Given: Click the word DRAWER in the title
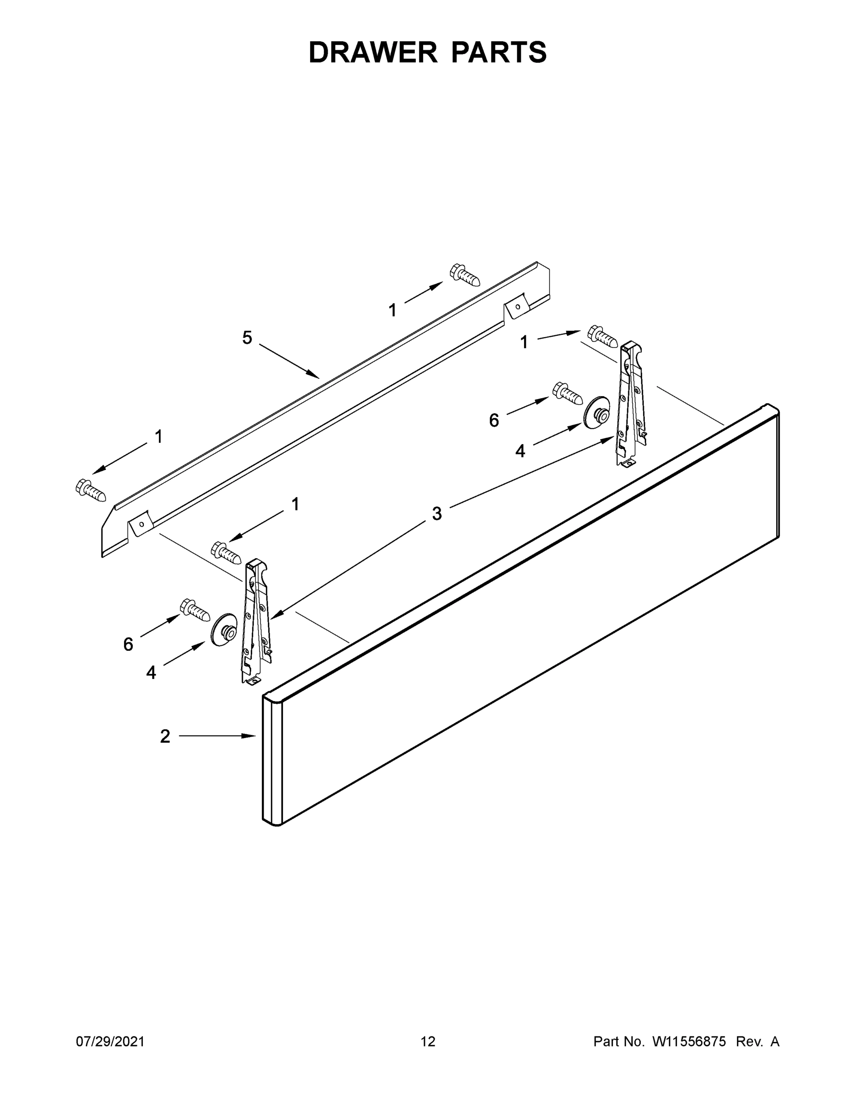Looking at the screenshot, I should coord(373,52).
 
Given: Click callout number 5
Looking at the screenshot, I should coord(247,338).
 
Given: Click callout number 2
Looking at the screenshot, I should coord(165,737).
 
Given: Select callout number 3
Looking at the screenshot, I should coord(436,514).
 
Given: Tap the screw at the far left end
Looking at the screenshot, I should coord(91,490).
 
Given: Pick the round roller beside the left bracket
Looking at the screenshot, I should coord(224,630).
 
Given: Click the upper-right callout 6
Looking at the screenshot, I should coord(494,420).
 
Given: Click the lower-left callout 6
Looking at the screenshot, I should coord(128,644).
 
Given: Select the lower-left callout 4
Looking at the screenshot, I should coord(151,673).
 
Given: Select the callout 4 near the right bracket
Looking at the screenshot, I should coord(520,451).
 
